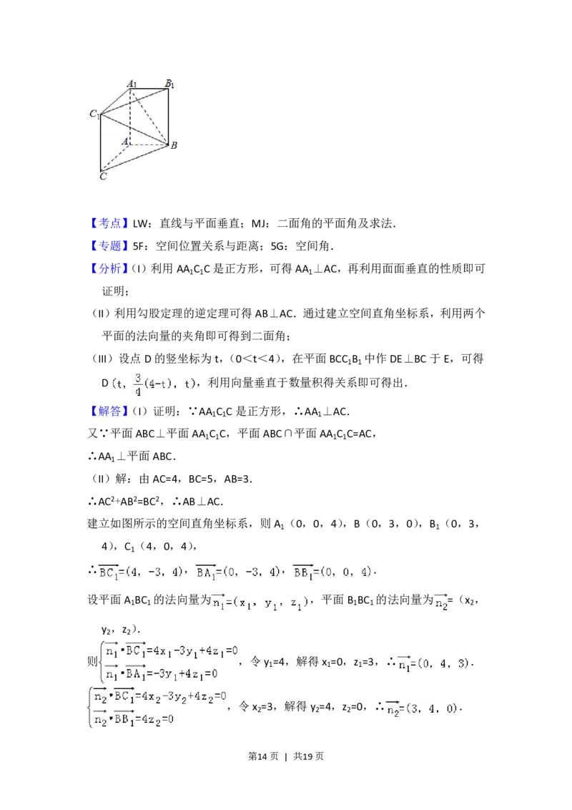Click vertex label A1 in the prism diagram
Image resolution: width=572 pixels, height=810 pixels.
tap(132, 84)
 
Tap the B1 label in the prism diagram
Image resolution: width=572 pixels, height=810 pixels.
tap(169, 84)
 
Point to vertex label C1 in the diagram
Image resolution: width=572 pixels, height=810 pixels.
tap(94, 114)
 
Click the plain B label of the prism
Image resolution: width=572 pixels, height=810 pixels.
tap(173, 145)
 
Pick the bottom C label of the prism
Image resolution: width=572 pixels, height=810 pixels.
tap(103, 175)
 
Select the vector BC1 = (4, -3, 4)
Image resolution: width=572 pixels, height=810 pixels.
tap(142, 572)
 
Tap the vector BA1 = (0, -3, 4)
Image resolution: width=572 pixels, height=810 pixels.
tap(240, 572)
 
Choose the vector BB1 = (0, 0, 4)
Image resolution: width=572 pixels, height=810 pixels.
tap(335, 572)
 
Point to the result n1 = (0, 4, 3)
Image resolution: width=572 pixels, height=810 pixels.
tap(435, 665)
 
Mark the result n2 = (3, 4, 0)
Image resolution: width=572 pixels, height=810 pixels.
tap(423, 710)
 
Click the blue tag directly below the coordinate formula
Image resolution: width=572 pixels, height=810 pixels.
tap(111, 411)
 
